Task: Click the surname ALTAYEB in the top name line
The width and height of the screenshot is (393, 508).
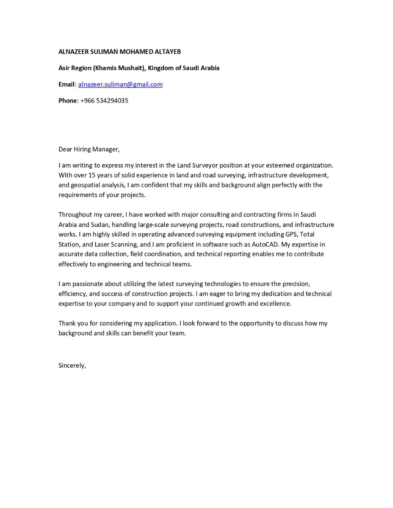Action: pos(167,51)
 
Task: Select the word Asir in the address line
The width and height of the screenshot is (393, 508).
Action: pos(64,68)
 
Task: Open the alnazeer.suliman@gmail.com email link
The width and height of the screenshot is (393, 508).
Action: pos(121,84)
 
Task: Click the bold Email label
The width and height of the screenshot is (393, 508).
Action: pos(67,84)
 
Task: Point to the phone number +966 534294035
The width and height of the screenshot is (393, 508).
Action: pos(104,100)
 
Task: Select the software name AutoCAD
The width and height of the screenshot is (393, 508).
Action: pos(265,244)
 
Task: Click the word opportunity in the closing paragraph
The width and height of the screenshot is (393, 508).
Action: pos(260,323)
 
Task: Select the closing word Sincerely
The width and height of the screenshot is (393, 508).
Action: pos(72,365)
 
